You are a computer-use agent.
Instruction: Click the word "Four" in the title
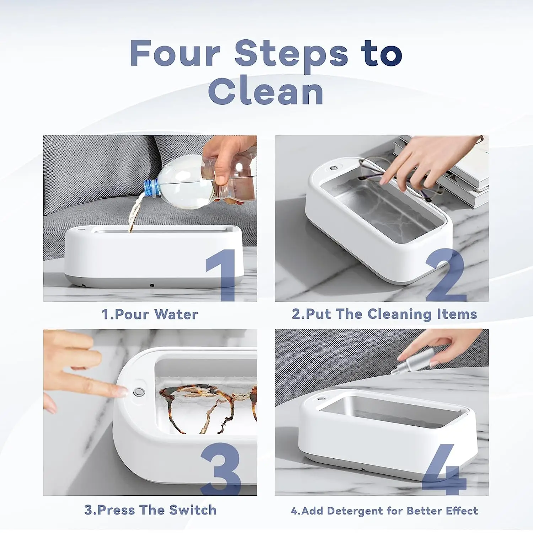175,53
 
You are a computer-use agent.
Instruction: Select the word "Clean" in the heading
266,92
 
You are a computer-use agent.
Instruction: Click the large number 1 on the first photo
222,275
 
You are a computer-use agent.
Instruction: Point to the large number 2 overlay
446,275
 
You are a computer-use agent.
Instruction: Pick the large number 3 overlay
221,469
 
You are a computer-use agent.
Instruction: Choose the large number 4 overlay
444,469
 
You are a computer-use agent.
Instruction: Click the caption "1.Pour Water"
150,314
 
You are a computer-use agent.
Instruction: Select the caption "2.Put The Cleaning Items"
384,314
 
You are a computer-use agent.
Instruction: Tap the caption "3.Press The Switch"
150,510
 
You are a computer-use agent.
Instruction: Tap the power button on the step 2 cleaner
333,168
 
